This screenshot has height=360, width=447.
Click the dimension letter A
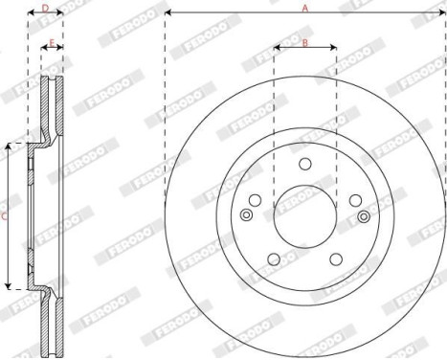(x=305, y=8)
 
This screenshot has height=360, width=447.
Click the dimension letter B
(x=304, y=42)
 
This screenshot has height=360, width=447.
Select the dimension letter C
(x=4, y=216)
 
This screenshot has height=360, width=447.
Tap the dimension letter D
(x=45, y=8)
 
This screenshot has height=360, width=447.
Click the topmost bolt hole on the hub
(x=304, y=164)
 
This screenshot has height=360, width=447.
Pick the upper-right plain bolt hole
(x=353, y=199)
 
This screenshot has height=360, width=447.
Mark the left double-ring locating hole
(x=248, y=215)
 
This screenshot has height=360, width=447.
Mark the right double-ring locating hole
(x=362, y=215)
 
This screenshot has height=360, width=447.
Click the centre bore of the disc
(x=304, y=215)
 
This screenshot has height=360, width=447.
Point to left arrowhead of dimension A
(x=168, y=13)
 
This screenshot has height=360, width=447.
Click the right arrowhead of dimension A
(x=442, y=13)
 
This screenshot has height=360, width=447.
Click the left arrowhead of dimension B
(x=277, y=48)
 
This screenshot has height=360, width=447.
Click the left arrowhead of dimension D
(x=30, y=13)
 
